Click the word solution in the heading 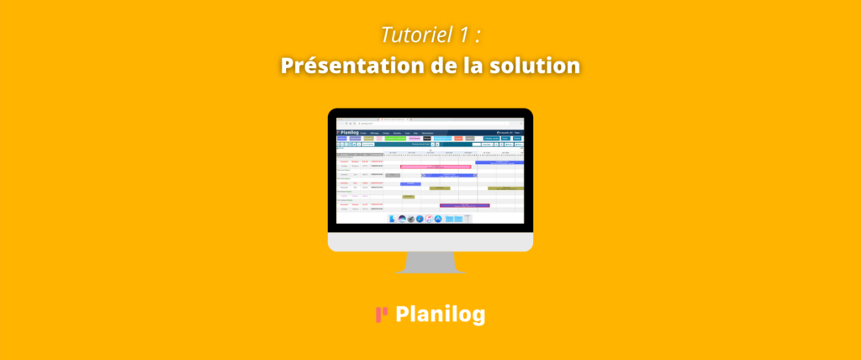point(535,65)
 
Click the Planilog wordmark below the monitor point(440,315)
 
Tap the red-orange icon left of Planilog point(381,315)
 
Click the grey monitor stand point(430,263)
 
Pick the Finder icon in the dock point(392,218)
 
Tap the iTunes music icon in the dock point(428,218)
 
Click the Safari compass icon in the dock point(419,218)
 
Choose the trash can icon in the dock point(467,218)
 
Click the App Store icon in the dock point(437,218)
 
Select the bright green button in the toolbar point(395,139)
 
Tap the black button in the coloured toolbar point(426,139)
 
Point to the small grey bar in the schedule point(393,175)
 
